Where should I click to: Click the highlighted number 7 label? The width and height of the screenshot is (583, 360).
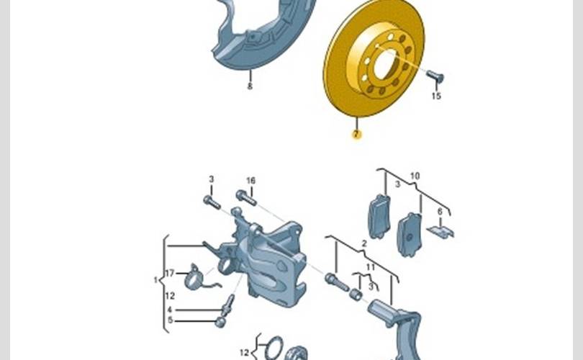coord(356,134)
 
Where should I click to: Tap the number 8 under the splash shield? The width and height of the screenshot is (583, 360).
coord(250,86)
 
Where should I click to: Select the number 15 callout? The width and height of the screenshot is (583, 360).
coord(436,96)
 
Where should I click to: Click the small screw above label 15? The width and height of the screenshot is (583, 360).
coord(435,76)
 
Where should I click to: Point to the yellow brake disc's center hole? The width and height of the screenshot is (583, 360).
coord(386,63)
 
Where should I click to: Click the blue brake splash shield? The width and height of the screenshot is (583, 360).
coord(261,33)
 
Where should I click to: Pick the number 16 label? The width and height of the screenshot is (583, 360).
coord(251,181)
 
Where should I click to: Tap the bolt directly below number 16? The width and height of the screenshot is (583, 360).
coord(246,197)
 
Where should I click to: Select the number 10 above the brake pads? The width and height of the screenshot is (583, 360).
coord(415,176)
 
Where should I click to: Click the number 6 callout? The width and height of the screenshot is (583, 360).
coord(440,212)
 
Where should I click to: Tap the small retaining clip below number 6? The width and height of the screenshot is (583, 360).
coord(440,231)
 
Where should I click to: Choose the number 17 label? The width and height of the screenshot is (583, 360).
coord(170,274)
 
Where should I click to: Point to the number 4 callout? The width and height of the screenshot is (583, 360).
coord(170,310)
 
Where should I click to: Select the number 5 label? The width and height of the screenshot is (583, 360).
coord(171,320)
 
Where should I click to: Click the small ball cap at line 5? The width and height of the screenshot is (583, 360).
coord(220,322)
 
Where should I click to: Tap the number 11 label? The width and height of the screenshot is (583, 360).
coord(371,267)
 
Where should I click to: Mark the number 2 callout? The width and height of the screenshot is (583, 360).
coord(364,243)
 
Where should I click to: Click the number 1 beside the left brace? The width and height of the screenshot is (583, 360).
coord(155,280)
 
